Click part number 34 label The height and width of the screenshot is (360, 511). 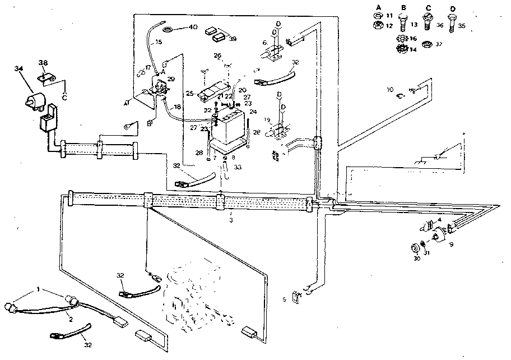click(x=20, y=68)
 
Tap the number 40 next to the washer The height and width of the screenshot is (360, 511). click(x=193, y=27)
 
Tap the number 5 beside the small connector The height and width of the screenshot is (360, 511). click(x=284, y=299)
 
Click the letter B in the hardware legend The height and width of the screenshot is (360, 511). click(x=403, y=6)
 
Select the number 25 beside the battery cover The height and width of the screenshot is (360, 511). click(x=189, y=93)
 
